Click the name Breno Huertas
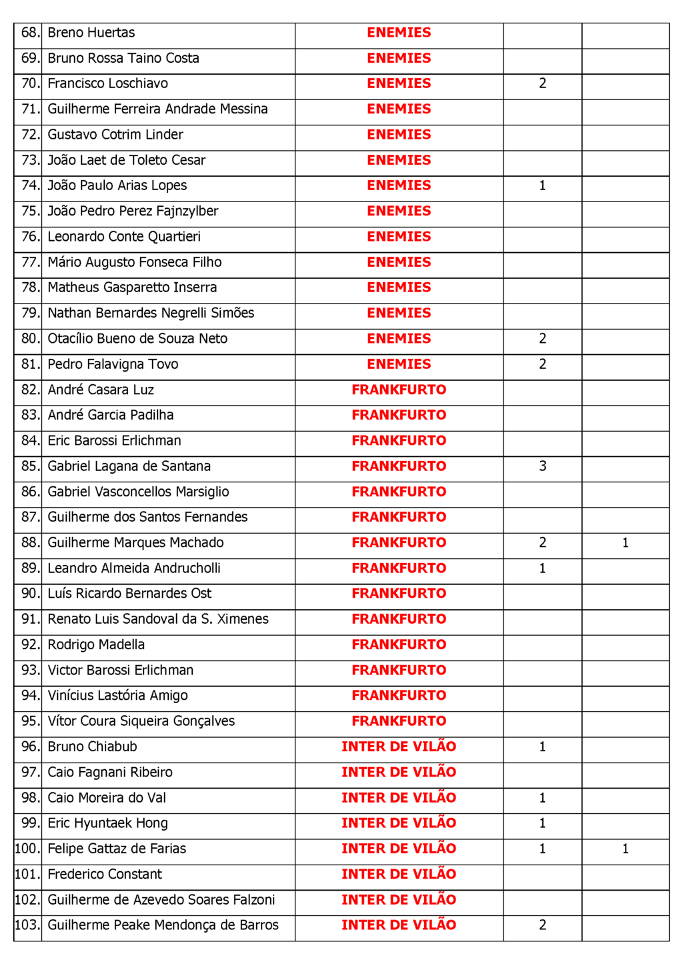click(91, 33)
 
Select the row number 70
click(30, 84)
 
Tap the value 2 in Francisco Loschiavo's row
click(542, 84)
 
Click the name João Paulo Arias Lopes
click(117, 185)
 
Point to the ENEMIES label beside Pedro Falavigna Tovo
click(399, 364)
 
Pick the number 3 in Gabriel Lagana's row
click(542, 466)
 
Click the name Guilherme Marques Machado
click(135, 543)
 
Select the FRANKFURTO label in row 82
click(399, 390)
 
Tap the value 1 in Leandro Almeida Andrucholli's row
click(542, 568)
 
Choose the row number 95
click(30, 721)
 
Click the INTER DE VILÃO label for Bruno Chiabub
click(399, 747)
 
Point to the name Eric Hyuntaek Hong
click(108, 823)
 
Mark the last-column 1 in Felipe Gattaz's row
click(625, 849)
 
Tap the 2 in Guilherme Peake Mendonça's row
click(542, 925)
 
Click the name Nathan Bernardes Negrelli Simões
click(151, 313)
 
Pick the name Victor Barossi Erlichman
click(121, 670)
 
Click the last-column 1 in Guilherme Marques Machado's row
click(625, 543)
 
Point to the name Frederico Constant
click(105, 875)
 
